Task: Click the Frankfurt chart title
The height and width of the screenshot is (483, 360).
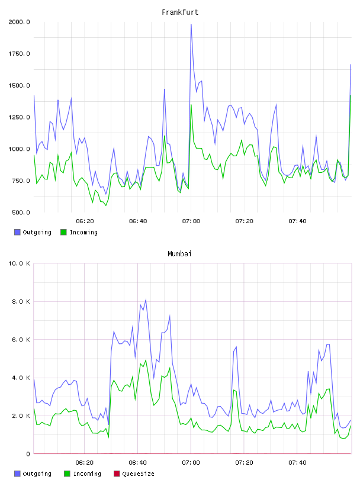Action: point(180,12)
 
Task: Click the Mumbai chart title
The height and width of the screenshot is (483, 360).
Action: point(179,254)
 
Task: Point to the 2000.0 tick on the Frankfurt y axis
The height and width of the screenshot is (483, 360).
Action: point(19,22)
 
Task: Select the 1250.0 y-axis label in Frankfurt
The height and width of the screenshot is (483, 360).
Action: point(19,117)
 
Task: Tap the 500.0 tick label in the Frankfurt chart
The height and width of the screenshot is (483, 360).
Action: point(21,212)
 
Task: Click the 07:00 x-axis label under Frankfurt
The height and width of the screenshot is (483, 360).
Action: point(191,221)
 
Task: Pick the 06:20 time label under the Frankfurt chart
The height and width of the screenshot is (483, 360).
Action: point(85,221)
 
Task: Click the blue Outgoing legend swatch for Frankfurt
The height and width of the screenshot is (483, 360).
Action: point(17,232)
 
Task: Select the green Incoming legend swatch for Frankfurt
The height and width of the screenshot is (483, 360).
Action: point(63,232)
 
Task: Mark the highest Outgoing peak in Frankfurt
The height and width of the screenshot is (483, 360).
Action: point(191,25)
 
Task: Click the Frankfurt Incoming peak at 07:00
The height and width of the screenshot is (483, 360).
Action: point(191,105)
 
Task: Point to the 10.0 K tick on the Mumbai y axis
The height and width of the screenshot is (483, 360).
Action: point(19,263)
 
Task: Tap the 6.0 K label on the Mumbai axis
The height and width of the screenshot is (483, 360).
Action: point(21,339)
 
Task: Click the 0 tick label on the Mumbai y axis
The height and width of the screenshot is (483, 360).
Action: point(28,454)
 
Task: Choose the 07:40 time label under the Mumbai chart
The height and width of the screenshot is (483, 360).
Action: point(297,463)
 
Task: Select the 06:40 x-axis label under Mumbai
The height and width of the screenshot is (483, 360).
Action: point(138,463)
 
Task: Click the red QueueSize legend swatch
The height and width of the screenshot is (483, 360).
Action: point(117,474)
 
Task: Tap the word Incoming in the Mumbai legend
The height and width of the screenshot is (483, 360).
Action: point(87,474)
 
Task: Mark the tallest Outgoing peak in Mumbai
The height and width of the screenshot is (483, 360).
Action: point(146,300)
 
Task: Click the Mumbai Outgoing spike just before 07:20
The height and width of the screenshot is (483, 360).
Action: point(236,347)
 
